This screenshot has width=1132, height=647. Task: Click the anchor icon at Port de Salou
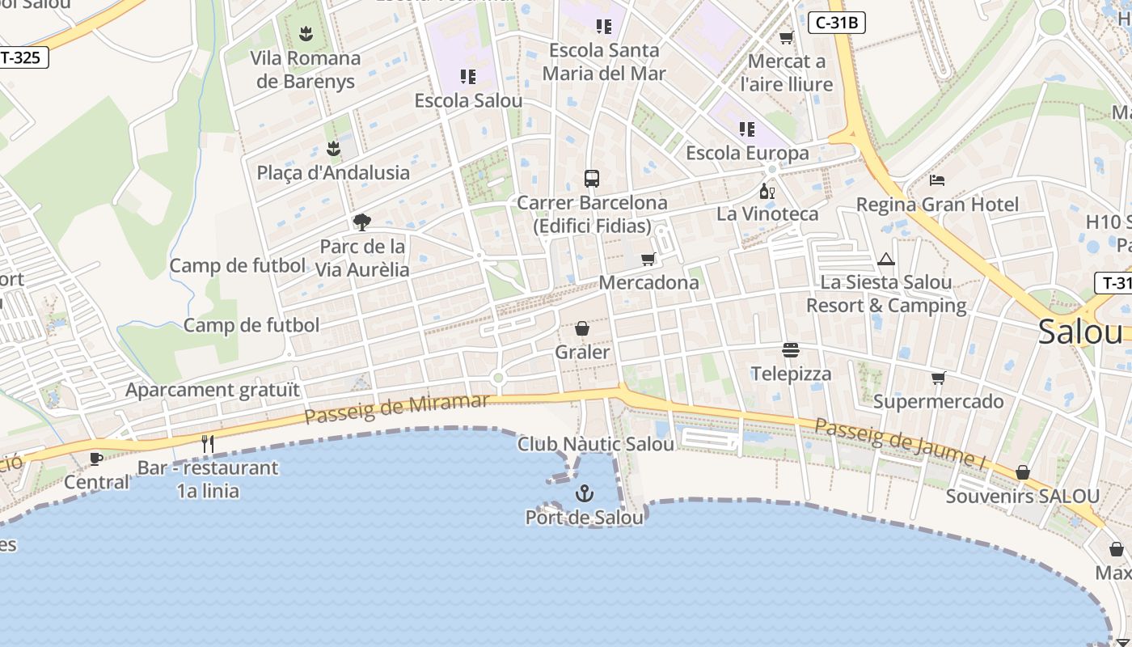(584, 493)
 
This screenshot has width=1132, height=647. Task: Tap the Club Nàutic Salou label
(596, 444)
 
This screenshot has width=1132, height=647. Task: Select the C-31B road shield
(837, 23)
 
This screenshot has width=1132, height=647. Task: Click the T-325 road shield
(23, 57)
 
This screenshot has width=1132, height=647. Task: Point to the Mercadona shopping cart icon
(648, 260)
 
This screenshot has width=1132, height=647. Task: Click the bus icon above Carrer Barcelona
(592, 179)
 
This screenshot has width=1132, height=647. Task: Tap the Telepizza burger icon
(791, 350)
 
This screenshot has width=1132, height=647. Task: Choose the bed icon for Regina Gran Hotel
(937, 180)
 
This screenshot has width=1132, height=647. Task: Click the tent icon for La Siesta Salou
(886, 260)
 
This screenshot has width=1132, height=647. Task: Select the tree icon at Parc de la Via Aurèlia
(362, 222)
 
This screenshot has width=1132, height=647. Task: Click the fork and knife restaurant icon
(208, 443)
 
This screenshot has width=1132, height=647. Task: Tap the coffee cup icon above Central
(95, 459)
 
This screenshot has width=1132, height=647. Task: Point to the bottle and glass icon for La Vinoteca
(767, 192)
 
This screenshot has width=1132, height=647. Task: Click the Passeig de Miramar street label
(396, 408)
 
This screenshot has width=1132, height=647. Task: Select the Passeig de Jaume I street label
(901, 442)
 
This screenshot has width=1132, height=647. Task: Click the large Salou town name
(1080, 332)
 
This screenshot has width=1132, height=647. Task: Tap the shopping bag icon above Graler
(581, 328)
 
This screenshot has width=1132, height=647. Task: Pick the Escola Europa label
(747, 153)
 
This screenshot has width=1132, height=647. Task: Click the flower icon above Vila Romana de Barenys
(306, 34)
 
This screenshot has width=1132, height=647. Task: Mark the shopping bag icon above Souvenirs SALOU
(1023, 472)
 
